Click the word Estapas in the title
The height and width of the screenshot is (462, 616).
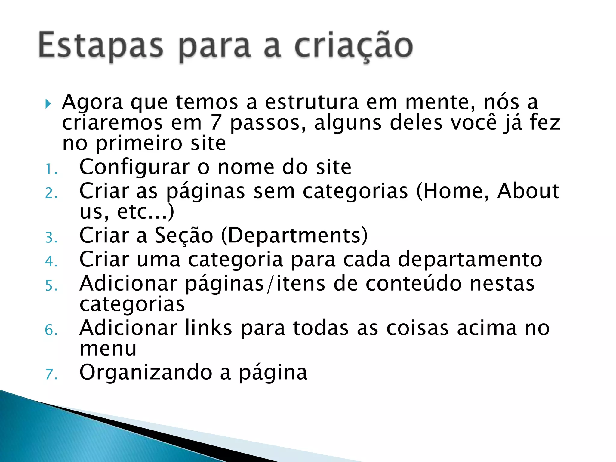101,46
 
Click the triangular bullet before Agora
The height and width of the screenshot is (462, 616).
48,104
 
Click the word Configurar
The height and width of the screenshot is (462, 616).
134,167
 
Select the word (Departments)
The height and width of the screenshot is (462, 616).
294,235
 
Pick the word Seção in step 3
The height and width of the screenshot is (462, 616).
184,235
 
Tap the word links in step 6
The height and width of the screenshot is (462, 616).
208,328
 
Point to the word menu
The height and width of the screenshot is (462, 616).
108,349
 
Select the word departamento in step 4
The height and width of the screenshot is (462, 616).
470,259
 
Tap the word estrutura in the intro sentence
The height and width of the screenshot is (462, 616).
312,102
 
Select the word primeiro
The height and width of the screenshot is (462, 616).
139,144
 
